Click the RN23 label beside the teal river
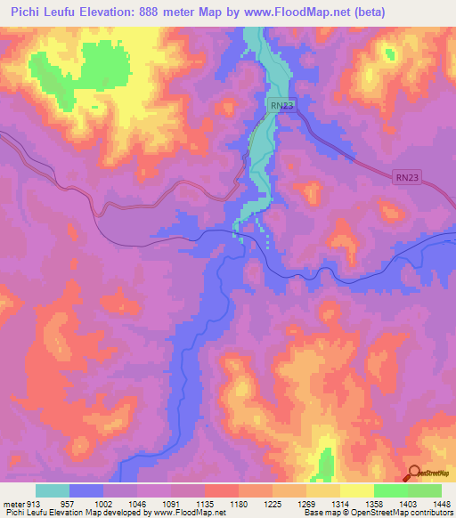(282, 105)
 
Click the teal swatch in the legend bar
(53, 490)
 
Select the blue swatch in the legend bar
(86, 490)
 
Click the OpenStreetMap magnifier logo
(414, 472)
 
